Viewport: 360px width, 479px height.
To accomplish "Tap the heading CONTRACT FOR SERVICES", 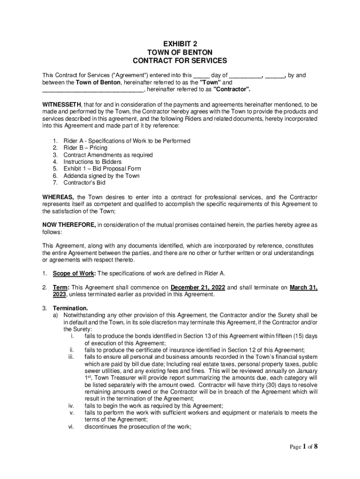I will pyautogui.click(x=180, y=61).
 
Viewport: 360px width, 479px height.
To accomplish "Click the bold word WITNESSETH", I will pyautogui.click(x=62, y=104).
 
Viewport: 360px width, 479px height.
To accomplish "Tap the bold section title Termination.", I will pyautogui.click(x=70, y=308).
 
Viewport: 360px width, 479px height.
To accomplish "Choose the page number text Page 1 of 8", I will pyautogui.click(x=303, y=446).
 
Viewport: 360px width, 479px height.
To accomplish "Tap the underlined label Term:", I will pyautogui.click(x=61, y=288).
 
